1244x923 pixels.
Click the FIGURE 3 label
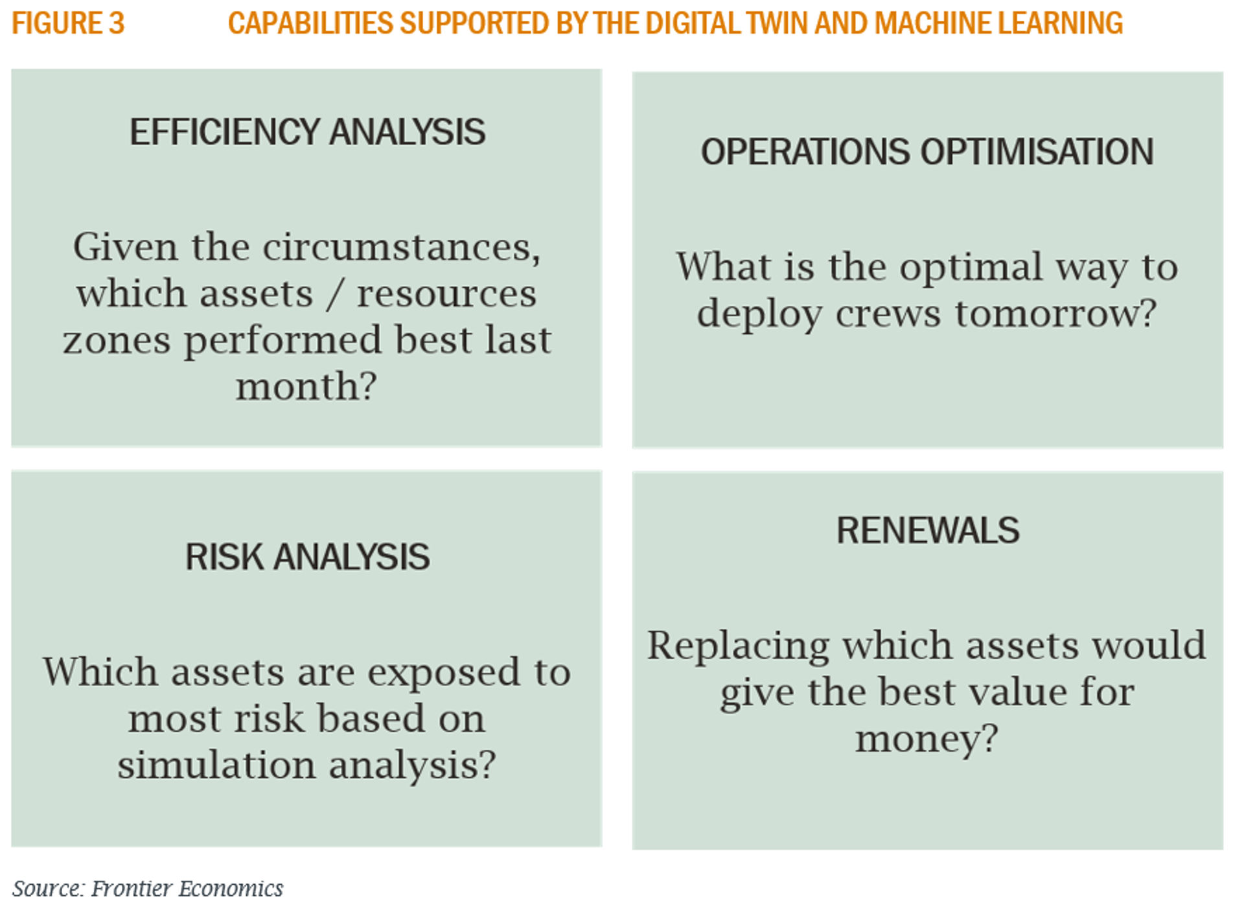pos(68,24)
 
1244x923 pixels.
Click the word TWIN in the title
pos(777,24)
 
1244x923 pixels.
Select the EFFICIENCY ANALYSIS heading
pos(307,132)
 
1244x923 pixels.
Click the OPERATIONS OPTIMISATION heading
pos(927,152)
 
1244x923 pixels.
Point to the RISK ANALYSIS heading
pos(307,557)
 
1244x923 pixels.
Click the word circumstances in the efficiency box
pos(401,248)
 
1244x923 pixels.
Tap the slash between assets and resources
pos(335,295)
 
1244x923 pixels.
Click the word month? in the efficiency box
pos(306,387)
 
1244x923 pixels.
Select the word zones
pos(117,341)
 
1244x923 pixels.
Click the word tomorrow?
pos(1055,314)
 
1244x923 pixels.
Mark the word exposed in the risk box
pos(444,674)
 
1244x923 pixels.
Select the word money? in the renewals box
pos(927,740)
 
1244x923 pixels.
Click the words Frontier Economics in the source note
pos(187,889)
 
